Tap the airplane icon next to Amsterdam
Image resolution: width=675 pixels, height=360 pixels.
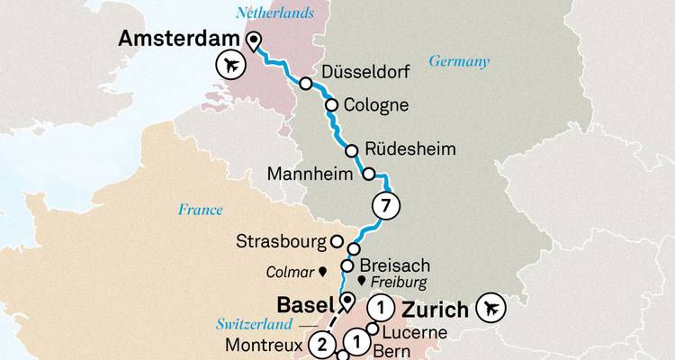click(x=232, y=65)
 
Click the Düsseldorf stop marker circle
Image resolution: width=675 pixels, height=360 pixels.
click(x=306, y=84)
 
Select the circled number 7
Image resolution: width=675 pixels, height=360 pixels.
click(x=385, y=206)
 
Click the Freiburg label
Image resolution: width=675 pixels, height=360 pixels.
click(x=396, y=282)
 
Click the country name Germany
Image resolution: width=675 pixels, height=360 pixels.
click(x=459, y=61)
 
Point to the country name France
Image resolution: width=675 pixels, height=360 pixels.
click(x=200, y=210)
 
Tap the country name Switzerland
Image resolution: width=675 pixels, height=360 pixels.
click(x=255, y=323)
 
